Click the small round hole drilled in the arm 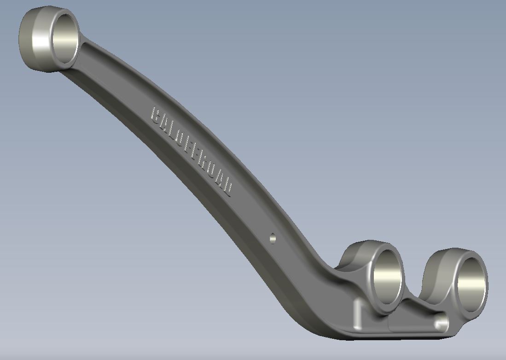tap(273, 238)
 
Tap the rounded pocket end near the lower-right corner tap(441, 323)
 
